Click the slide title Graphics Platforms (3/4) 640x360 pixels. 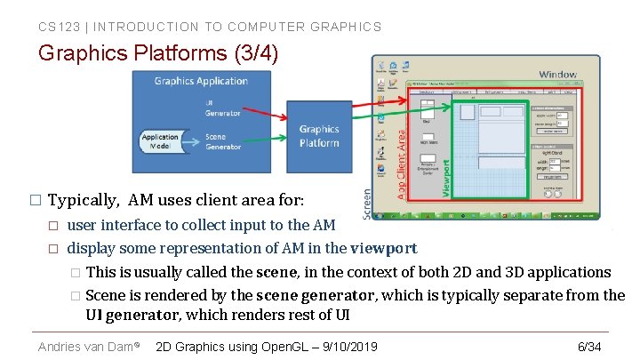pos(158,53)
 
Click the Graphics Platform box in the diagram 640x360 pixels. pos(319,136)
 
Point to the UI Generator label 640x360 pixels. pos(221,107)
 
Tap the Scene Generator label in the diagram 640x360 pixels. pos(221,141)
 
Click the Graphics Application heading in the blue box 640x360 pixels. pos(201,81)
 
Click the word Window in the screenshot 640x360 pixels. pos(557,75)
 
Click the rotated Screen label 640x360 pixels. pos(367,203)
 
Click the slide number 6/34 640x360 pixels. pos(589,346)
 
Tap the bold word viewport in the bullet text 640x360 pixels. pos(383,248)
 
